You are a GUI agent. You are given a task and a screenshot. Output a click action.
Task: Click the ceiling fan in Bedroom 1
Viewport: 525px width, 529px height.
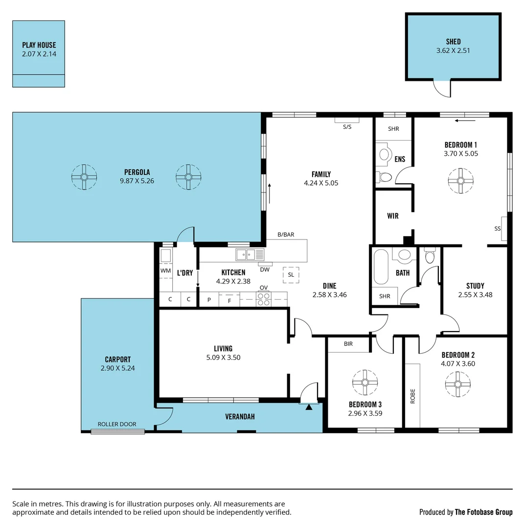460,180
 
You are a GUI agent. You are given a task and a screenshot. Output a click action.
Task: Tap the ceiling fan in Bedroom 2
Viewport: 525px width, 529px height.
458,384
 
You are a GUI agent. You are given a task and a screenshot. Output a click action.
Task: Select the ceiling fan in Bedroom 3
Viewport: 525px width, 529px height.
365,382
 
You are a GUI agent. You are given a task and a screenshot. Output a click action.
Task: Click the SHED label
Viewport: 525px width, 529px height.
453,42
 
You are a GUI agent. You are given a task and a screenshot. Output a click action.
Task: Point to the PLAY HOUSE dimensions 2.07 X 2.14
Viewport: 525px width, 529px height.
39,54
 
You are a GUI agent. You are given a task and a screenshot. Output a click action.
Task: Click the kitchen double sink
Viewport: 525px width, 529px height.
250,255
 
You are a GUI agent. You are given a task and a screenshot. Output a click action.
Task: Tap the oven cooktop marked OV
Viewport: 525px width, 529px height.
264,299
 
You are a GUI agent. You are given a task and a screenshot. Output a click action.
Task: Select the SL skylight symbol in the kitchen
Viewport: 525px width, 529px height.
291,275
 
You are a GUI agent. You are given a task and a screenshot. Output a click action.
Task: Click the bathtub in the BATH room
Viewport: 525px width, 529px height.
381,267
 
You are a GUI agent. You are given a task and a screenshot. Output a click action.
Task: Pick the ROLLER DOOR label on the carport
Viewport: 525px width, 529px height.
117,424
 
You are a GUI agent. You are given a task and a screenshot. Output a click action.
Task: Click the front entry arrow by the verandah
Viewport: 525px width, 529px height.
309,407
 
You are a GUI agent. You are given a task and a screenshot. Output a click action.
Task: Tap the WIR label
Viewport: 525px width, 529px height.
392,216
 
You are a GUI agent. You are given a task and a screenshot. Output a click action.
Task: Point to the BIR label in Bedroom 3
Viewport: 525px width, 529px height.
348,344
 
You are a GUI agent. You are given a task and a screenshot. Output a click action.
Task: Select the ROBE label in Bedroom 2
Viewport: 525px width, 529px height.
412,395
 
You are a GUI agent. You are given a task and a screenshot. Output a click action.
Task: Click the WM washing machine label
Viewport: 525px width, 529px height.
165,270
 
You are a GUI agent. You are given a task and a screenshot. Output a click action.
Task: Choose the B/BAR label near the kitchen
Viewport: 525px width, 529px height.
286,235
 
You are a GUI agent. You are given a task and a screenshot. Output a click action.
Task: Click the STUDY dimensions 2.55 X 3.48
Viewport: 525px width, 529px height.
475,295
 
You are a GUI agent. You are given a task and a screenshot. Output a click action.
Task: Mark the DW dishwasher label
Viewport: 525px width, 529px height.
265,269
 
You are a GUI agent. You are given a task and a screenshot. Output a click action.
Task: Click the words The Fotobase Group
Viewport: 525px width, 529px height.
483,512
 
